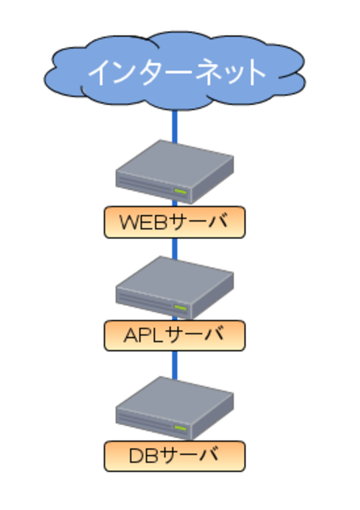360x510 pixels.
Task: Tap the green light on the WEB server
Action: [180, 191]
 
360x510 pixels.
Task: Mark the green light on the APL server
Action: [180, 308]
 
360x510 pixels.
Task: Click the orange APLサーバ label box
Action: [174, 335]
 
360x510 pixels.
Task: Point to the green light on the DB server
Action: [180, 429]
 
